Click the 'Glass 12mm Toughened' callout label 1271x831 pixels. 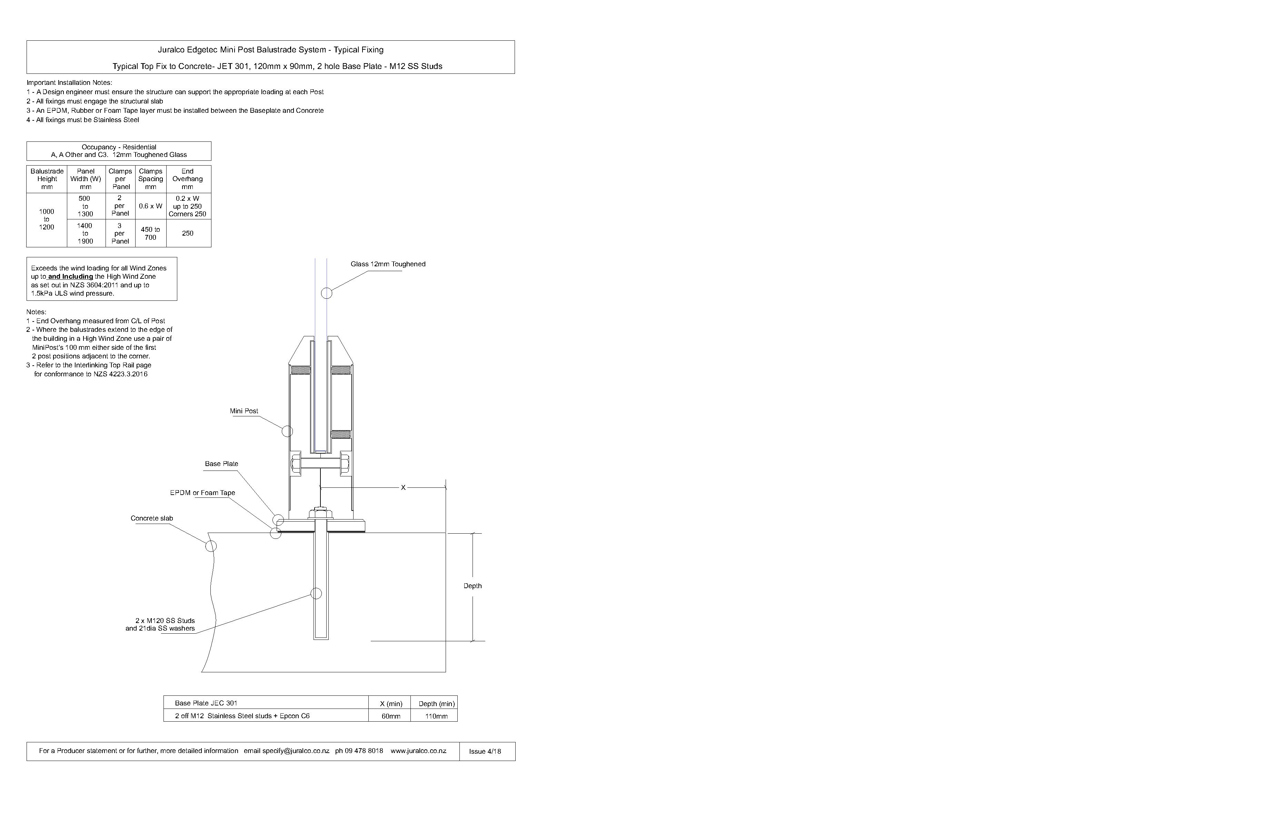pyautogui.click(x=388, y=264)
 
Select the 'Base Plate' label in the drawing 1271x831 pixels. pyautogui.click(x=221, y=464)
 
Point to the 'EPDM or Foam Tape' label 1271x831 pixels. pyautogui.click(x=202, y=492)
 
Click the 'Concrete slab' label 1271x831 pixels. pyautogui.click(x=152, y=518)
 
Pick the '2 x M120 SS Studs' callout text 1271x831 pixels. pyautogui.click(x=165, y=621)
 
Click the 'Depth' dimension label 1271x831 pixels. pyautogui.click(x=472, y=586)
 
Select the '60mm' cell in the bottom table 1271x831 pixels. pyautogui.click(x=390, y=716)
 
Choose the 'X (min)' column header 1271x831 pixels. pyautogui.click(x=390, y=703)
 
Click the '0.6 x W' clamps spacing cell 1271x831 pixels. pyautogui.click(x=151, y=206)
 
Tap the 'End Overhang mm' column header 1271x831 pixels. pyautogui.click(x=187, y=179)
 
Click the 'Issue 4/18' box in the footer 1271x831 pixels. pyautogui.click(x=485, y=751)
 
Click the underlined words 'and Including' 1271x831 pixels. pyautogui.click(x=70, y=277)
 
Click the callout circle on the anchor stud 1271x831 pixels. pyautogui.click(x=316, y=593)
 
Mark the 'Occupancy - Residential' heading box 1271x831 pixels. pyautogui.click(x=119, y=151)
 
